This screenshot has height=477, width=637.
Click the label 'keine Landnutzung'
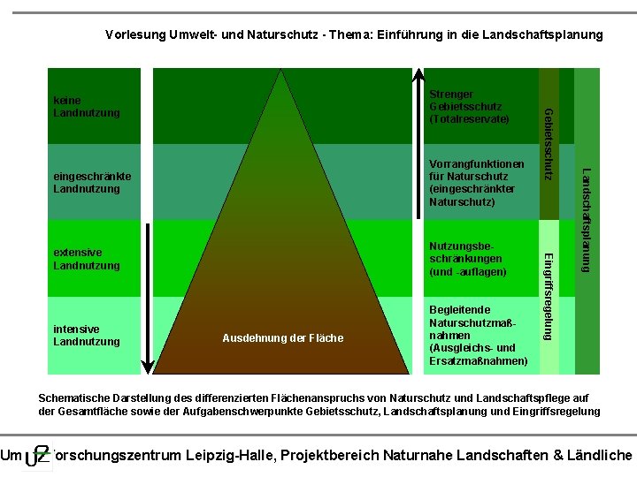(x=87, y=107)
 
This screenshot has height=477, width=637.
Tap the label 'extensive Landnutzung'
(x=87, y=259)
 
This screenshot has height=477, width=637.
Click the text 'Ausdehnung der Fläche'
(x=283, y=338)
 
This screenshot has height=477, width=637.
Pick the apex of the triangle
(x=282, y=71)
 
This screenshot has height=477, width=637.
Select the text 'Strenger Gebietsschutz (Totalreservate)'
(x=469, y=106)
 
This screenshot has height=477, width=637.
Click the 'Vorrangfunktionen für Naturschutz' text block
(x=476, y=183)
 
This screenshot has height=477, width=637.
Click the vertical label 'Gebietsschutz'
(x=549, y=143)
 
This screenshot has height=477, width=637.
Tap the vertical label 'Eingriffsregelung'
(x=549, y=296)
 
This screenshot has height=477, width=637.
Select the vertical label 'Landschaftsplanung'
(x=586, y=219)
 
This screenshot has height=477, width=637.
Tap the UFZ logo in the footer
(x=37, y=456)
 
